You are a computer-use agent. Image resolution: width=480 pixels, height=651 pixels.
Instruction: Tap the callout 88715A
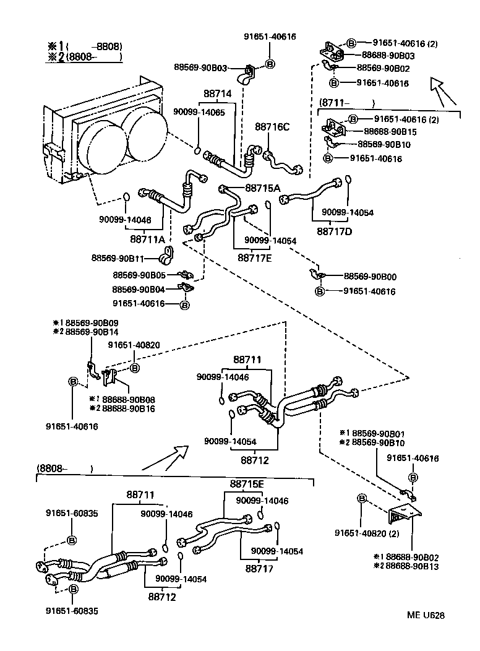pyautogui.click(x=263, y=188)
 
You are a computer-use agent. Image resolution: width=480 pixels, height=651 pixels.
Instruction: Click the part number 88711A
pyautogui.click(x=148, y=239)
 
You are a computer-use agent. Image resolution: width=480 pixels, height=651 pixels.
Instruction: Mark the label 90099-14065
pyautogui.click(x=199, y=113)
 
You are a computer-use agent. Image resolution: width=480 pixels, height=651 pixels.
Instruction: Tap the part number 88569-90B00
pyautogui.click(x=371, y=276)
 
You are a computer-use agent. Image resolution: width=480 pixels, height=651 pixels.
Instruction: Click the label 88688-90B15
pyautogui.click(x=391, y=131)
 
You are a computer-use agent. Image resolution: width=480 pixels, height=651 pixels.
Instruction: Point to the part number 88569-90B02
pyautogui.click(x=383, y=68)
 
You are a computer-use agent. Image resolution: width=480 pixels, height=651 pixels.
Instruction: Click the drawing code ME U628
pyautogui.click(x=426, y=615)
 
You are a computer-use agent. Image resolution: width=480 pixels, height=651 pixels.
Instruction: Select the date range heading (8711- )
pyautogui.click(x=347, y=103)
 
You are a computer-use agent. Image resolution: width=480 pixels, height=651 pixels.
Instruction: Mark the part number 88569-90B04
pyautogui.click(x=139, y=289)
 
